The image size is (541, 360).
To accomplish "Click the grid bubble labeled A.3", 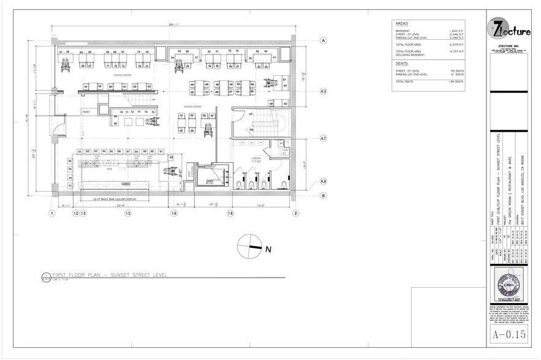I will pos(322,91).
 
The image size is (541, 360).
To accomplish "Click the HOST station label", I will pos(86,111).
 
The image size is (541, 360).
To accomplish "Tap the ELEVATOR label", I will pos(212,179).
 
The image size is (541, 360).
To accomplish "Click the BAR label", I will pos(110,169).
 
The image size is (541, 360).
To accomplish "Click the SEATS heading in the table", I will pos(402,62).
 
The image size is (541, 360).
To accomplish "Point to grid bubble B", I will pos(322,195).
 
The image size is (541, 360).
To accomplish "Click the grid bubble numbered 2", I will pos(295,213).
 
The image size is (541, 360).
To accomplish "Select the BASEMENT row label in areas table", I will pos(403,31).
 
